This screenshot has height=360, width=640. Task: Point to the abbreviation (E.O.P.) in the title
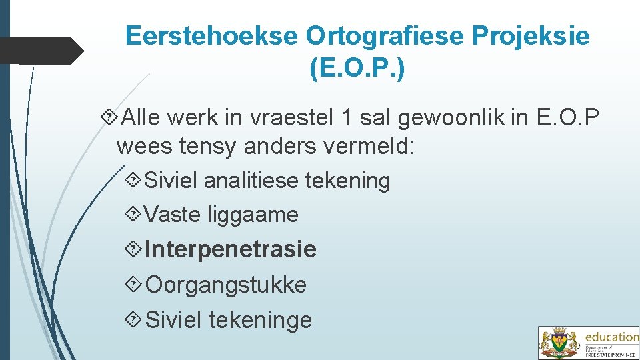tap(357, 68)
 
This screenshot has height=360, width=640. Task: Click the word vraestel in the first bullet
tap(291, 118)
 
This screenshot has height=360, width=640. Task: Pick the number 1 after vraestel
tap(345, 118)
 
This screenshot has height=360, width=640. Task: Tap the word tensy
tap(206, 147)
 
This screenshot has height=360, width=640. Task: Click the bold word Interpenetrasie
tap(231, 249)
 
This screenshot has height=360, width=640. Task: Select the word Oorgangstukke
tap(226, 285)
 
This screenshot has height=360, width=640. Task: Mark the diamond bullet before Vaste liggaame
tap(132, 215)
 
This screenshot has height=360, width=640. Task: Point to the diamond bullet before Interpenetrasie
tap(132, 249)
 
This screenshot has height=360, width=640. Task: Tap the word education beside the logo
tap(611, 337)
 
